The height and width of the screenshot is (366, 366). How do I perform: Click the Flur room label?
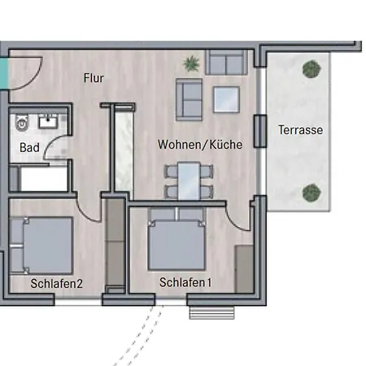point(94,78)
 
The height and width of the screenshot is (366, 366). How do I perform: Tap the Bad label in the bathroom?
point(29,147)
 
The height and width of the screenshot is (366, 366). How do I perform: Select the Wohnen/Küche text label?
point(200,145)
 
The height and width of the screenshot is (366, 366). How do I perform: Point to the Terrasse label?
point(301,130)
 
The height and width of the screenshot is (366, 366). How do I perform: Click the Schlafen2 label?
point(57,284)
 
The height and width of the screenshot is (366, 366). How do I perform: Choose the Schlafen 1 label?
point(185,282)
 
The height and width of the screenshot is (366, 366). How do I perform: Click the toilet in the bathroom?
point(22,123)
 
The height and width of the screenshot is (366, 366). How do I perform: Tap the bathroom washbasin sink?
point(48,121)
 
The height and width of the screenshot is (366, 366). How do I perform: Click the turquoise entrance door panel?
point(4,73)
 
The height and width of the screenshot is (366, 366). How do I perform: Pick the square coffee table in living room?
point(226,99)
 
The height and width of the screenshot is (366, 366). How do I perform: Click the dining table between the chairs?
point(189,181)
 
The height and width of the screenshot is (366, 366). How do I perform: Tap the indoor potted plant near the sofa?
point(192,63)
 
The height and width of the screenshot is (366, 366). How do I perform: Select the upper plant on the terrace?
point(312,69)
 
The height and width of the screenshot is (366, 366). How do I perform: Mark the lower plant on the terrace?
point(312,193)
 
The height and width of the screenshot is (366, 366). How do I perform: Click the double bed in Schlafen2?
point(41,246)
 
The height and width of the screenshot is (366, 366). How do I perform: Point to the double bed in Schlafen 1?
point(176,239)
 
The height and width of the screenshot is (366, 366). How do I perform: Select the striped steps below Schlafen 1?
point(211,313)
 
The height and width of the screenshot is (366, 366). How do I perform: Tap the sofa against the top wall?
point(226,63)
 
